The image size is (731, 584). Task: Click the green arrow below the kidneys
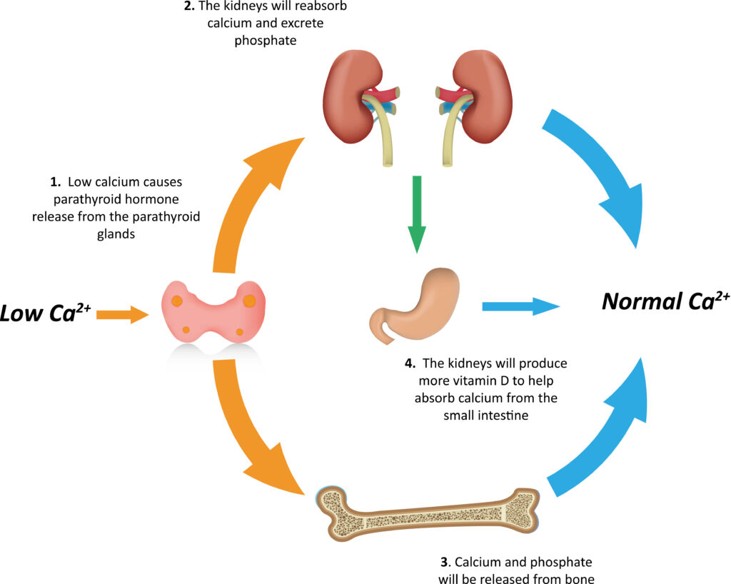click(x=417, y=214)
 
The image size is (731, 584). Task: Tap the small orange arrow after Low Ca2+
click(x=123, y=315)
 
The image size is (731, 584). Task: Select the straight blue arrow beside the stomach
click(x=520, y=306)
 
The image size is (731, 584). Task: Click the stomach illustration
click(x=415, y=306)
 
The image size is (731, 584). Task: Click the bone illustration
click(x=428, y=513)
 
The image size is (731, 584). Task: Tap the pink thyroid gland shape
click(x=213, y=311)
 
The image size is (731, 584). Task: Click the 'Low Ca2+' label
click(x=45, y=312)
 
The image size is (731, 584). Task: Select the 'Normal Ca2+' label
click(x=666, y=301)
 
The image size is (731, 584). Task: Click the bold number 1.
click(x=56, y=182)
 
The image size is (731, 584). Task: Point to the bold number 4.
click(x=410, y=363)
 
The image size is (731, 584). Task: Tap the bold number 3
click(x=445, y=562)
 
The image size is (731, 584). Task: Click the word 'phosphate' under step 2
click(x=266, y=41)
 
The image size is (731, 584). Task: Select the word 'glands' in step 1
click(x=116, y=234)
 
